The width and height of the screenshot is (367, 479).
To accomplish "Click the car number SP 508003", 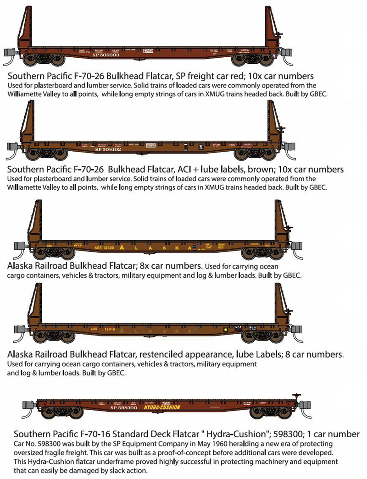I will (x=106, y=55).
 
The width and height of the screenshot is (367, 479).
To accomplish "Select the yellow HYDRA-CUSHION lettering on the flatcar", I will (x=162, y=407).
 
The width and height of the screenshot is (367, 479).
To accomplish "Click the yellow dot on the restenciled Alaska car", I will (x=225, y=330).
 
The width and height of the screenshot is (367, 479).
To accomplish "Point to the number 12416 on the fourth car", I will (x=109, y=329).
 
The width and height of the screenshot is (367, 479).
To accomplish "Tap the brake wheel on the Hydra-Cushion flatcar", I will (x=297, y=395).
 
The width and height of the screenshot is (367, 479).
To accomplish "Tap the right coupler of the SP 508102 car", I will (x=290, y=146).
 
